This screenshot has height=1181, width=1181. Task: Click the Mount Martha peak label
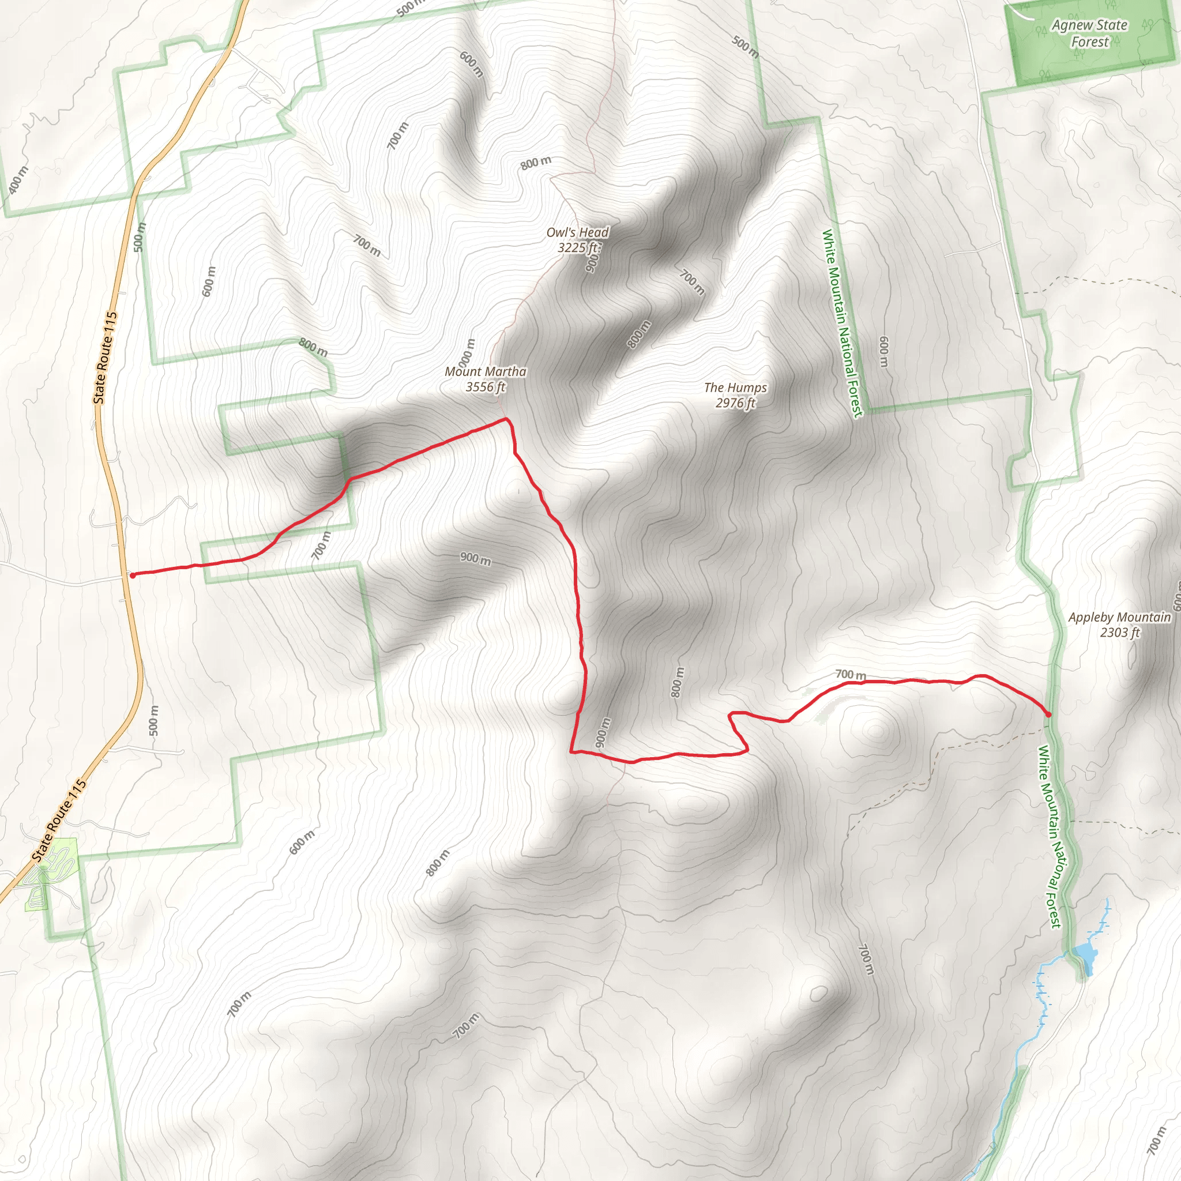click(x=486, y=372)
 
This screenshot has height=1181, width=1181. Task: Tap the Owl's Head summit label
click(x=577, y=232)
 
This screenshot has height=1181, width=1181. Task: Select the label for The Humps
click(x=735, y=388)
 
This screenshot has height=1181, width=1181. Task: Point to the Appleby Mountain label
click(x=1119, y=618)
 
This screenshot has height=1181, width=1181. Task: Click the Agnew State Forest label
click(x=1089, y=33)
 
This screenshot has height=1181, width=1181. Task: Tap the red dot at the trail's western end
click(x=133, y=575)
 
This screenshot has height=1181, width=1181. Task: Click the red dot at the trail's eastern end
click(x=1048, y=714)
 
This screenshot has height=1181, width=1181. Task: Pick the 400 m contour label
click(x=19, y=180)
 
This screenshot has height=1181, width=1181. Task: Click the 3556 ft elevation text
click(x=486, y=387)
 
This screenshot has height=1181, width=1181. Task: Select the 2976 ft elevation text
click(x=735, y=403)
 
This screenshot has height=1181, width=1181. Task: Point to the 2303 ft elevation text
click(x=1119, y=633)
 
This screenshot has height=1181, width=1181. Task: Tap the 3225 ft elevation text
click(x=578, y=247)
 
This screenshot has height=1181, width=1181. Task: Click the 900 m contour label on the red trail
click(x=602, y=732)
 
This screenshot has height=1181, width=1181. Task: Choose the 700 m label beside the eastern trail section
click(x=851, y=675)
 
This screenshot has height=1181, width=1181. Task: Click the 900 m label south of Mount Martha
click(x=475, y=558)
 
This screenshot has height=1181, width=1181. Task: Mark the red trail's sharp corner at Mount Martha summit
click(x=506, y=419)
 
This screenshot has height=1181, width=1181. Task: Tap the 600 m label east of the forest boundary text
click(x=883, y=352)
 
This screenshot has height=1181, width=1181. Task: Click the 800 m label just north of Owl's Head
click(x=536, y=163)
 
